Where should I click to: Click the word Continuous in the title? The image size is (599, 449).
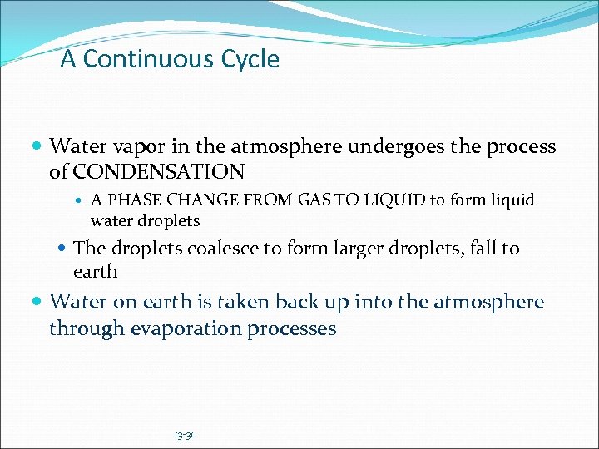tap(149, 59)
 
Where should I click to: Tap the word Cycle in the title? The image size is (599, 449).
tap(250, 59)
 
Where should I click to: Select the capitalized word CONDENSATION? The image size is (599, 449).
tap(159, 172)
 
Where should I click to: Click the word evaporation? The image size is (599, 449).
tap(184, 328)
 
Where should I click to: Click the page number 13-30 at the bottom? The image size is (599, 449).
tap(184, 435)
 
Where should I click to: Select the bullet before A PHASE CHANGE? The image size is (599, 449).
tap(80, 201)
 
